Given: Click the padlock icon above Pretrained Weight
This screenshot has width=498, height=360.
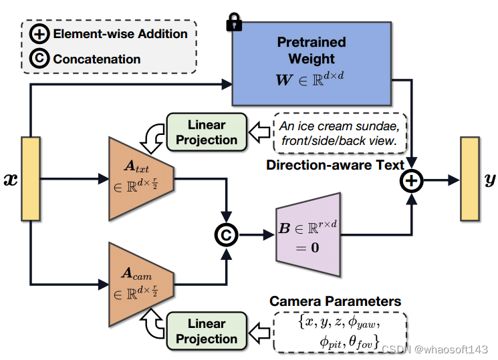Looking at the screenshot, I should [234, 22].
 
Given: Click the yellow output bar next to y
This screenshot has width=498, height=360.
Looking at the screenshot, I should [469, 178].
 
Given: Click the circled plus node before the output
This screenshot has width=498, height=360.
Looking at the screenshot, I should [411, 179].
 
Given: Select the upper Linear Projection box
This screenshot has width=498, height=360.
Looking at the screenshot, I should [207, 132].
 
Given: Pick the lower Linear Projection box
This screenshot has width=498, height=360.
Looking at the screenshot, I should [207, 331].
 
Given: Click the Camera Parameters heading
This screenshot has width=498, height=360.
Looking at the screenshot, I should [335, 302].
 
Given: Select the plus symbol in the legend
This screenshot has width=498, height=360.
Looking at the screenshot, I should [39, 33].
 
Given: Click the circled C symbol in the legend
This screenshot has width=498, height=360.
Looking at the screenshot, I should [39, 59].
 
